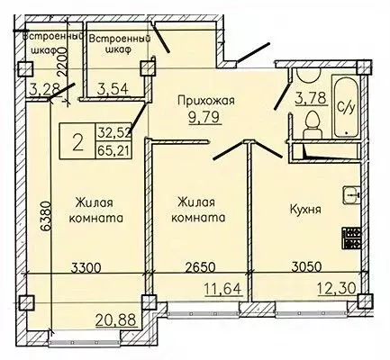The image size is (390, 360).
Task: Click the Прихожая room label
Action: coord(206,101)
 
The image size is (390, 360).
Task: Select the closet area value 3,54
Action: coord(113,88)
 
